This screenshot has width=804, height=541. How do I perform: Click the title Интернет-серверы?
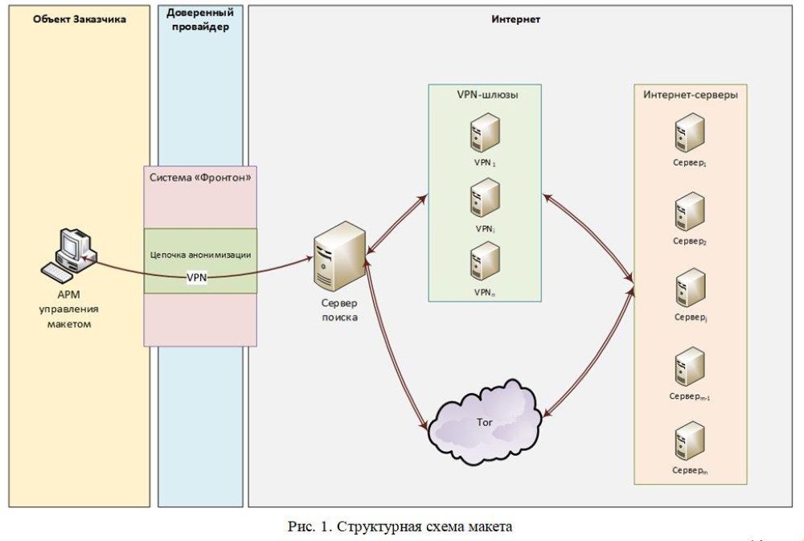tap(690, 94)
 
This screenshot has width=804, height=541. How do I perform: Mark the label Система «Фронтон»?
tap(200, 176)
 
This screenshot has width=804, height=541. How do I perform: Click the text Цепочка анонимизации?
tap(201, 254)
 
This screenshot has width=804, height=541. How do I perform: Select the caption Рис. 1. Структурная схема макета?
tap(400, 527)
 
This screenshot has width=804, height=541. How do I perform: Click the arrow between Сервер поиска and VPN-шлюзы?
tap(395, 225)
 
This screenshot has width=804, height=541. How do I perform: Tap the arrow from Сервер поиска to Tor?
tap(389, 354)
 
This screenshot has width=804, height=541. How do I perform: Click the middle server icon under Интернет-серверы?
tap(691, 287)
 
